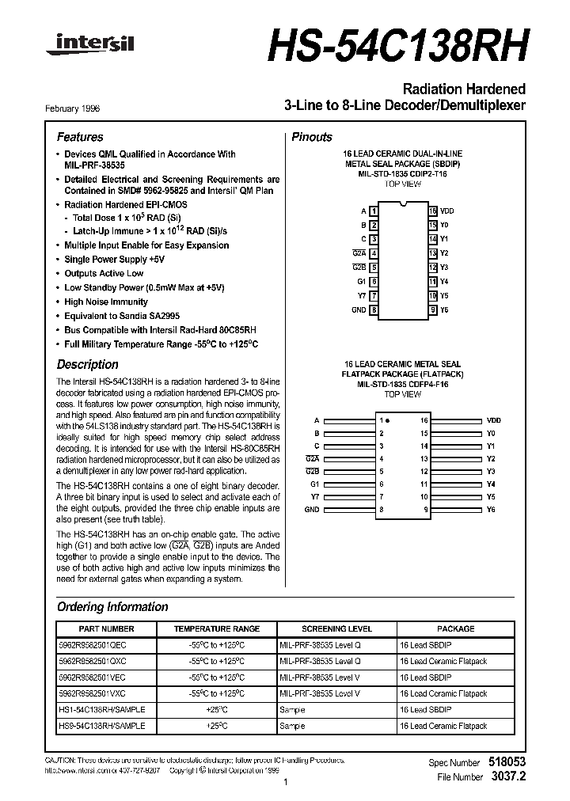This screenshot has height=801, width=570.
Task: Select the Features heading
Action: (80, 137)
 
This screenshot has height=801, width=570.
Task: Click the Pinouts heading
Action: (312, 137)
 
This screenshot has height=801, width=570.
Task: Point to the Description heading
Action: (87, 365)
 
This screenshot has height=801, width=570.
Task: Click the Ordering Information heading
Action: (112, 607)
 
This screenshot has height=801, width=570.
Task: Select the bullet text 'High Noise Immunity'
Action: (106, 302)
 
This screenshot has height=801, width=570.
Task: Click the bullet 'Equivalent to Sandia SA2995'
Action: (116, 316)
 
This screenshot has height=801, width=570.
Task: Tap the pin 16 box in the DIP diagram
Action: (433, 211)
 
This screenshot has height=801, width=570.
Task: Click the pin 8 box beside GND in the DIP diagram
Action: (374, 310)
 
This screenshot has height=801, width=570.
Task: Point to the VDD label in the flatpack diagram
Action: (493, 420)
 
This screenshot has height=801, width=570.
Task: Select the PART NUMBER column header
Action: (103, 628)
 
